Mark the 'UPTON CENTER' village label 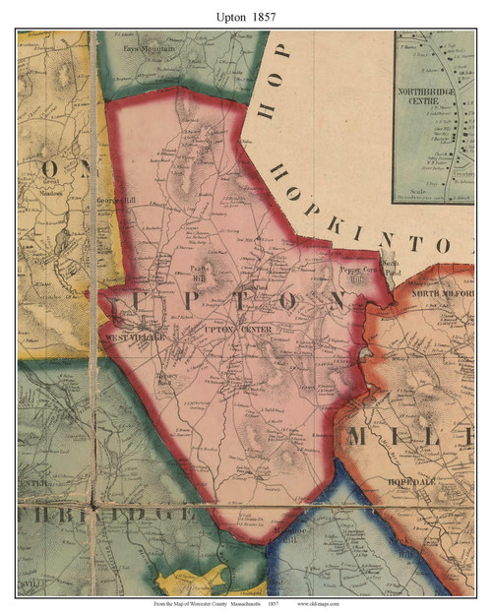point(234,328)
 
